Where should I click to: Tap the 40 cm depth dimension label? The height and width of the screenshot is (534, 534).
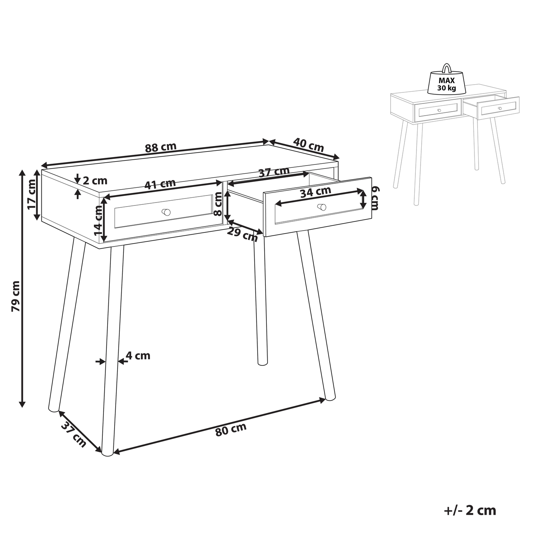coord(309,144)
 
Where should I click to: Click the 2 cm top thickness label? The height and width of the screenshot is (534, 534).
coord(95,181)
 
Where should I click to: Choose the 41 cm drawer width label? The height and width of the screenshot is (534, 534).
coord(160,184)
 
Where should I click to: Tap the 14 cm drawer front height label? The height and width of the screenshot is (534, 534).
coord(98,221)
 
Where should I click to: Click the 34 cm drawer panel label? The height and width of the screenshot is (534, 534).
coord(316,192)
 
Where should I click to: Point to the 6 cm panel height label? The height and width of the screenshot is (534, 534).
coord(375,198)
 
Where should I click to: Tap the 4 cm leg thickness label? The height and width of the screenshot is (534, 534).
coord(138,356)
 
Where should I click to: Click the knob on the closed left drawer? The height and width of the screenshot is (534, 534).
coord(166,212)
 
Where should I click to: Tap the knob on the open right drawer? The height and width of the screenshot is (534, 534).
coord(322,207)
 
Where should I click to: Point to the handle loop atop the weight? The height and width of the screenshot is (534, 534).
coord(447,68)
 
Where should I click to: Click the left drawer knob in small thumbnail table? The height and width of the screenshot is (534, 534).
coord(439,110)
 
